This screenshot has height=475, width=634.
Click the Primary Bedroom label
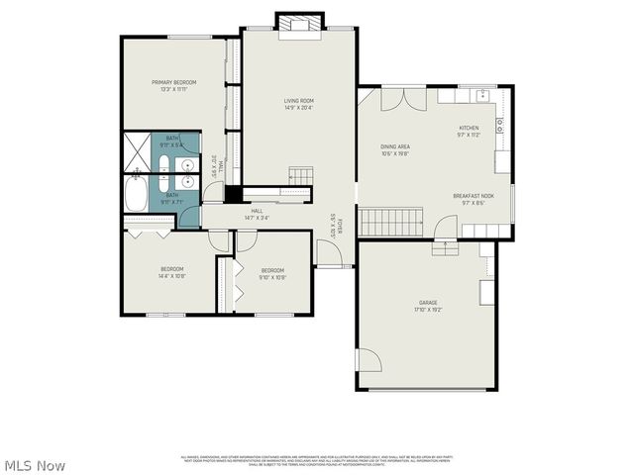(x=173, y=82)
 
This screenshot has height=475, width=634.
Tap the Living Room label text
(x=298, y=100)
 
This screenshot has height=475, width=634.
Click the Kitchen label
(x=469, y=128)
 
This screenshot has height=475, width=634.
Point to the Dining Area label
(x=396, y=146)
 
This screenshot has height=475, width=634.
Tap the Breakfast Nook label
(x=474, y=196)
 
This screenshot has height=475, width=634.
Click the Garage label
(x=428, y=303)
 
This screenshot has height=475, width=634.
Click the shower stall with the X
(x=137, y=150)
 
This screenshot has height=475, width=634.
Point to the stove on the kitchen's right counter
(x=501, y=126)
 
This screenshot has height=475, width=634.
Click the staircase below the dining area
(x=390, y=223)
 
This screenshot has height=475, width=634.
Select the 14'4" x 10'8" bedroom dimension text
(x=172, y=276)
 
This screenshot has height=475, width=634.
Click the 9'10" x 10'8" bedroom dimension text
(x=272, y=277)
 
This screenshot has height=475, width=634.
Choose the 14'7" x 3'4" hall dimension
(x=257, y=216)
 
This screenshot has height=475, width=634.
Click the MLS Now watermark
(x=35, y=465)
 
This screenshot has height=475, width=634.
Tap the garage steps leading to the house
(x=445, y=248)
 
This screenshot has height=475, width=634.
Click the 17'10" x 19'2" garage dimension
(x=428, y=310)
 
